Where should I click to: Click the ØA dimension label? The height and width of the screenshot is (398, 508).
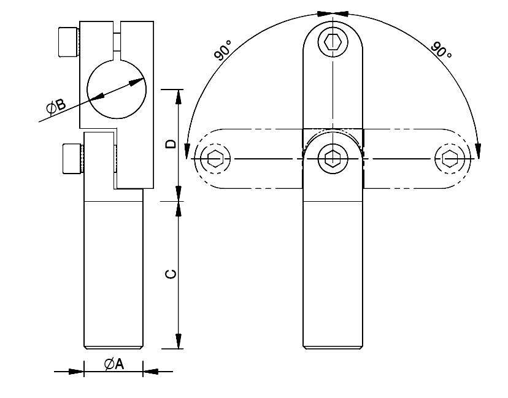coord(114,364)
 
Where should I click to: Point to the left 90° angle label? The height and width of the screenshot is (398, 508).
coord(223,50)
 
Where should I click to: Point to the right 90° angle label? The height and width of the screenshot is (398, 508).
coord(442,50)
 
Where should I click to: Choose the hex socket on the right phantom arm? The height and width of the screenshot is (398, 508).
coord(450,159)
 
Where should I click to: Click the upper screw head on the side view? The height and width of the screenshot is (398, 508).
coord(67,42)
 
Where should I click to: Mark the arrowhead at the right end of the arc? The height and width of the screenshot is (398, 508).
coord(478,150)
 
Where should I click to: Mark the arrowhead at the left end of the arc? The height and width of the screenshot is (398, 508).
coord(187,150)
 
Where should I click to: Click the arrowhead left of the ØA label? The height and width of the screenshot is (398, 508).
coord(76,371)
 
